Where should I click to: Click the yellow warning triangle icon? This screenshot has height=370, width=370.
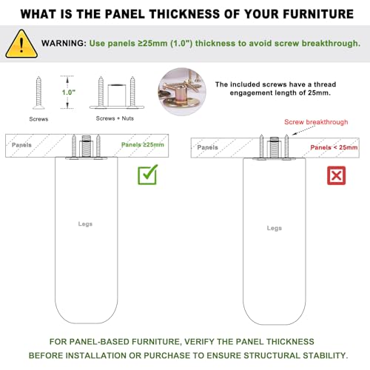tap(21, 44)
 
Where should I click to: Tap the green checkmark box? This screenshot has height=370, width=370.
tap(147, 175)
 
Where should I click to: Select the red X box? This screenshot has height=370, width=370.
tap(336, 175)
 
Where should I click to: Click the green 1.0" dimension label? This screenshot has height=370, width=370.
tap(69, 92)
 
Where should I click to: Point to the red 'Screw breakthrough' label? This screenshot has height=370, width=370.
tap(316, 122)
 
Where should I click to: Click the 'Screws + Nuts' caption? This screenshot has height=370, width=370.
tap(115, 118)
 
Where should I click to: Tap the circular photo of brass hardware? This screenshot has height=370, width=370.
tap(182, 92)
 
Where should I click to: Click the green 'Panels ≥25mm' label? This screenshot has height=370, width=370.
tap(143, 145)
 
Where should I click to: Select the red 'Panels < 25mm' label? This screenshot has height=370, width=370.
tap(334, 147)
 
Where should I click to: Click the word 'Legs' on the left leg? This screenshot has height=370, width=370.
tap(85, 224)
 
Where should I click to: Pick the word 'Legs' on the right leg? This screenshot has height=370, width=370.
tap(275, 228)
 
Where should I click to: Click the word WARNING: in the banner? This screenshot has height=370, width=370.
tap(64, 44)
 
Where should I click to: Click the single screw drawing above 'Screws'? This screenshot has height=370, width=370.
tap(38, 92)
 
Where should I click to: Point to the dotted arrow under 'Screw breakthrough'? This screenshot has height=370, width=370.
tap(304, 130)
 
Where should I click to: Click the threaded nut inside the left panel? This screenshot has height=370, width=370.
tap(87, 147)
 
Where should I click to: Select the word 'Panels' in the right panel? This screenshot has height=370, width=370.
tap(207, 147)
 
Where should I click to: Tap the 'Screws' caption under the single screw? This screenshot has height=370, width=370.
tap(38, 119)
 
